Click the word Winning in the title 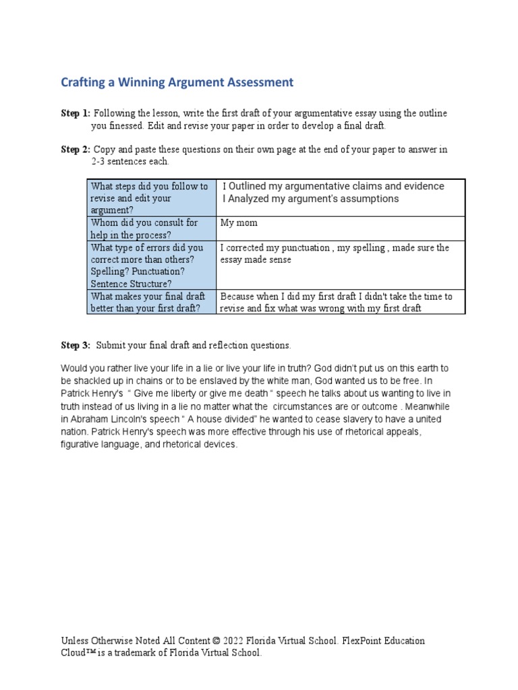[x=147, y=82]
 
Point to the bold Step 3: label [x=75, y=345]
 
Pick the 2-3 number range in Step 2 [x=101, y=162]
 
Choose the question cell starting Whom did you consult [x=151, y=228]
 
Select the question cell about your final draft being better [x=151, y=302]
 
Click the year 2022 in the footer [x=235, y=641]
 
